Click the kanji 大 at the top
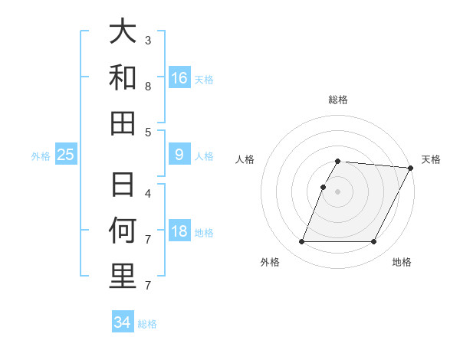pos(123,31)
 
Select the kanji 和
pos(123,77)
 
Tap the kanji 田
pos(123,123)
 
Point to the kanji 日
pos(123,185)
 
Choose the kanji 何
pos(123,231)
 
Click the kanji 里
pos(123,277)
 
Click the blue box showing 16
pos(179,77)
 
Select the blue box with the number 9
pos(179,155)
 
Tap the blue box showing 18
pos(179,232)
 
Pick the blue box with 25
pos(66,155)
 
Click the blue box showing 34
pos(123,322)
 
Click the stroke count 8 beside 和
pos(148,87)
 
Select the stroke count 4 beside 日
pos(148,193)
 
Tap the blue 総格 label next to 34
pos(147,324)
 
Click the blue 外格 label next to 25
pos(41,156)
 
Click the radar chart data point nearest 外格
pos(301,242)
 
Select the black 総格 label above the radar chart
pos(338,100)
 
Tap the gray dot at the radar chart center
pos(337,191)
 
